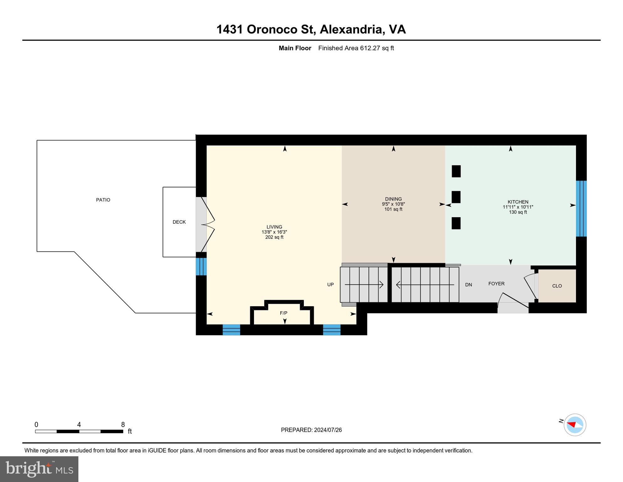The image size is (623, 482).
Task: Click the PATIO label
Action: point(103,200)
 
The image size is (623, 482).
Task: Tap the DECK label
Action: point(179,222)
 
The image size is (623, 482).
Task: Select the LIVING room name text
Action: point(274,227)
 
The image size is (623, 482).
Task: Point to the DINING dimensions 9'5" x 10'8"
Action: point(393,204)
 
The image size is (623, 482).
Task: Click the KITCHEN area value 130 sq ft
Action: point(518,212)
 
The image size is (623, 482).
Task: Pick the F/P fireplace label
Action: point(283,313)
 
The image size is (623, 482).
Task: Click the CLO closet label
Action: point(557,286)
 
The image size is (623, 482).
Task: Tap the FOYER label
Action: point(496,284)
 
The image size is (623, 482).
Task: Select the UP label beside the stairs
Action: point(330,285)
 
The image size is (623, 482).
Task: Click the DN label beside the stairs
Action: point(468,285)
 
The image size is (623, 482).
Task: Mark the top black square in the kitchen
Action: point(456,171)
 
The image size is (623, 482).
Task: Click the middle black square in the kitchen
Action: point(456,197)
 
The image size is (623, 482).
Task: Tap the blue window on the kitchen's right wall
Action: point(581,208)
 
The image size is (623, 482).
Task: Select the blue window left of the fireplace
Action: point(231,330)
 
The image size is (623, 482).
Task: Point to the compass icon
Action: point(575,425)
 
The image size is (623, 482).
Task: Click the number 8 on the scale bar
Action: point(123,425)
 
